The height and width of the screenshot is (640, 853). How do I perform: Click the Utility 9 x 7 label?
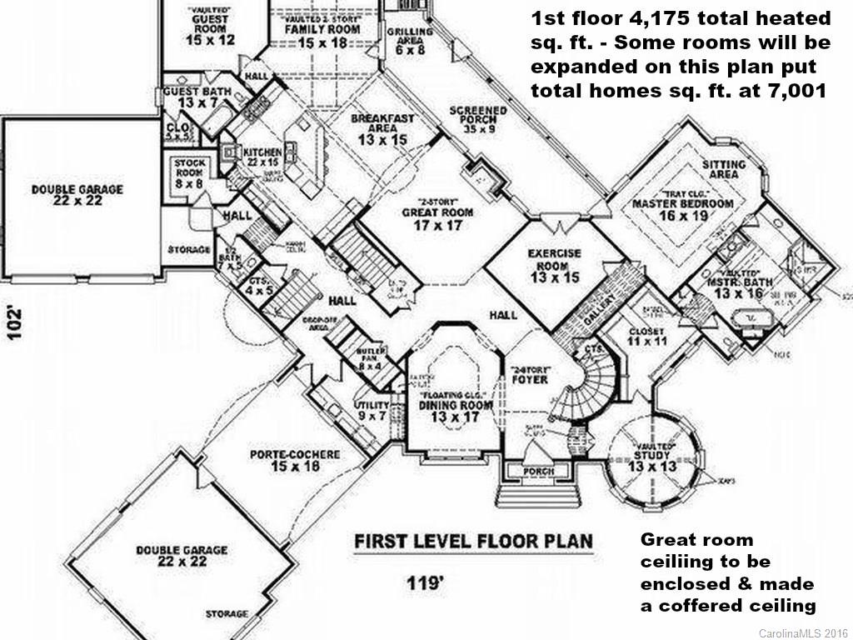372,409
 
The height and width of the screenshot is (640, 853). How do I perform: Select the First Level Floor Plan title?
474,542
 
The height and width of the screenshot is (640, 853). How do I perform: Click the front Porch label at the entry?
537,472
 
